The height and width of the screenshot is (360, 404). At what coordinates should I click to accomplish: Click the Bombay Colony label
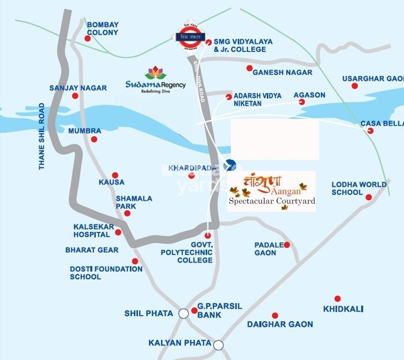102,28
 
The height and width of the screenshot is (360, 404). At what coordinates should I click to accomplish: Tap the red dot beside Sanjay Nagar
75,96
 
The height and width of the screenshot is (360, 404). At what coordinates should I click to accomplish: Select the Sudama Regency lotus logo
155,74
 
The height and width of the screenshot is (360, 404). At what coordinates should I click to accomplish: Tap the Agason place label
309,95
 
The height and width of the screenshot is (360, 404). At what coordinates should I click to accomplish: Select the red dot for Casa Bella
370,131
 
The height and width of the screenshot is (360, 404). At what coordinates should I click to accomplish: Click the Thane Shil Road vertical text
42,136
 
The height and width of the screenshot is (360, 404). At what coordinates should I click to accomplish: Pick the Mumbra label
80,131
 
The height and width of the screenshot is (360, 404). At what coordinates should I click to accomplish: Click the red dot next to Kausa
115,175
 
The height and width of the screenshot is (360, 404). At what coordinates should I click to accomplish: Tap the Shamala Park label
134,202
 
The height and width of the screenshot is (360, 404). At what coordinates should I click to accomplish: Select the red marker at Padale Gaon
287,245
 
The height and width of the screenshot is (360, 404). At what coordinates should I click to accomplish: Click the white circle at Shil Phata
183,313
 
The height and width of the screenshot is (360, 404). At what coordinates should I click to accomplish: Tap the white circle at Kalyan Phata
218,345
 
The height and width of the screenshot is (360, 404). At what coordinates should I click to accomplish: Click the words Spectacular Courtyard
272,201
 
